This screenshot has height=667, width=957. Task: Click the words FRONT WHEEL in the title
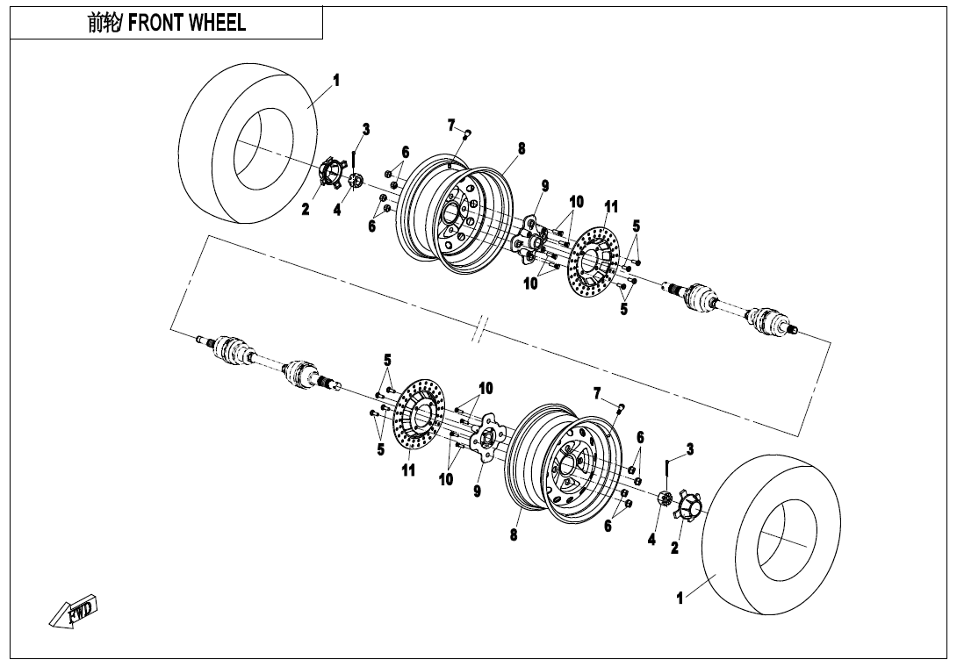(187, 24)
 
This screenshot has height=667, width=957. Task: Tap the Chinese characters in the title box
(105, 24)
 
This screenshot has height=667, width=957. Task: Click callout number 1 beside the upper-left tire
(335, 81)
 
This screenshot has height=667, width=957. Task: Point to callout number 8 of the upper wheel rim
(521, 148)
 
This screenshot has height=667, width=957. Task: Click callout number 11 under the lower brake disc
(409, 470)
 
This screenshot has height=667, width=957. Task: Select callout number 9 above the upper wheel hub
(544, 185)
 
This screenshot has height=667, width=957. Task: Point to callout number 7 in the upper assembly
(450, 124)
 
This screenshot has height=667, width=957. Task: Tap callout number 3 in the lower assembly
(690, 449)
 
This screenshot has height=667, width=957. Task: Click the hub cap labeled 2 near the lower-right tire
(688, 507)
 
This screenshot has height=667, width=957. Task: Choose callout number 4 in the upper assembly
(336, 211)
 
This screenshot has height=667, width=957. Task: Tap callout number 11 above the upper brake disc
(611, 206)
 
